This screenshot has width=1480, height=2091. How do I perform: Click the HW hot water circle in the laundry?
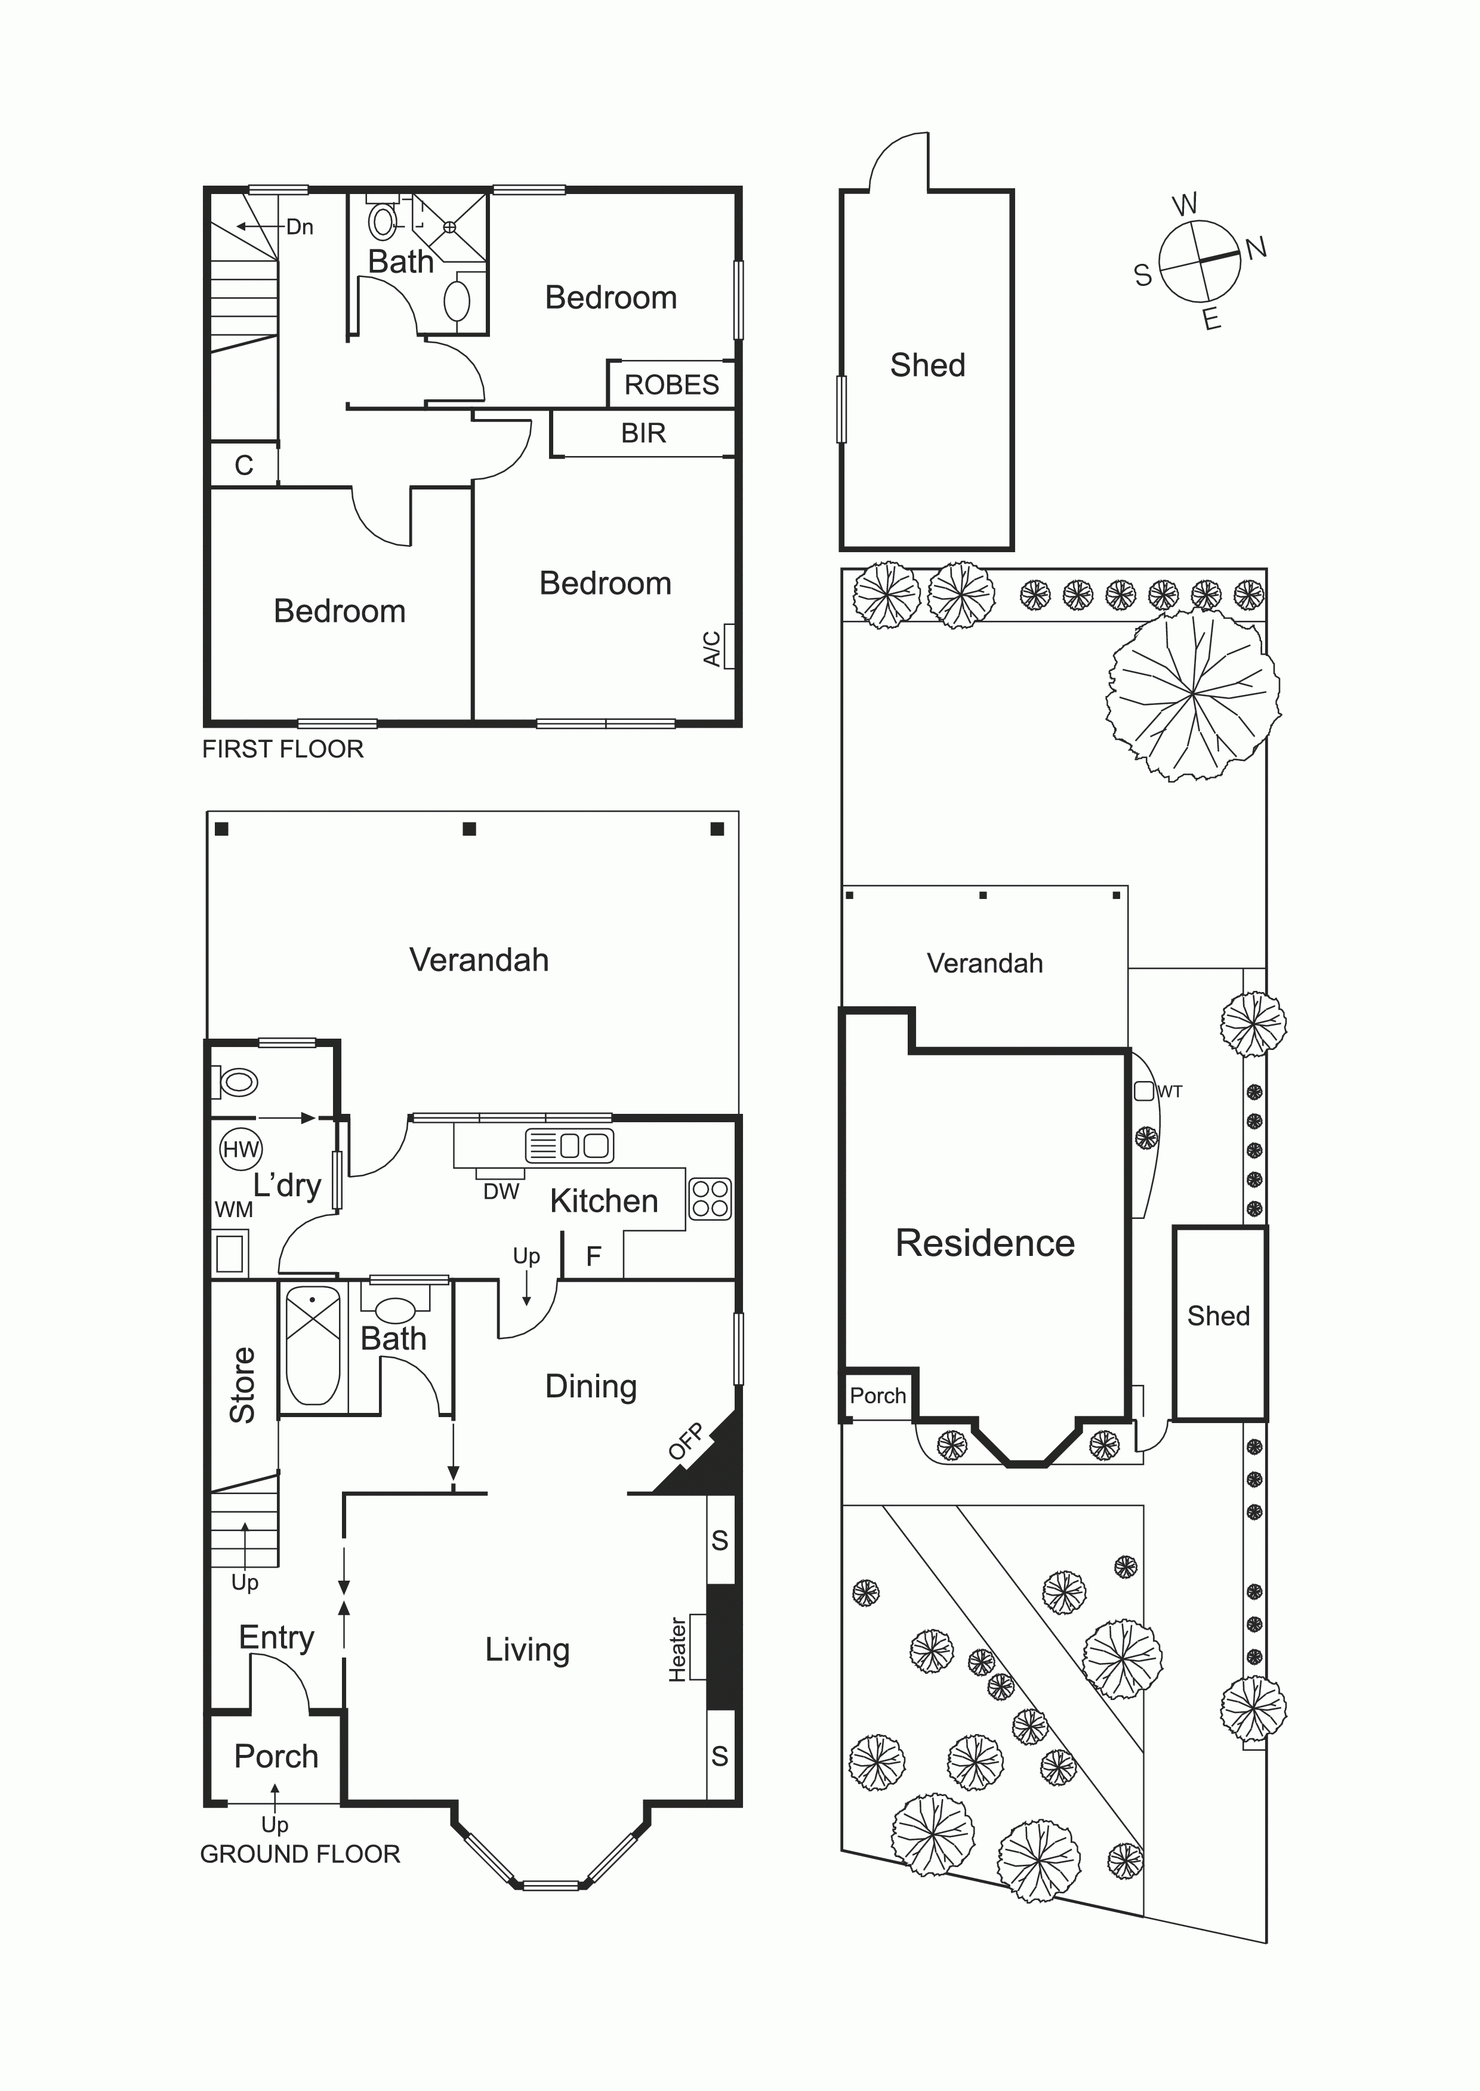point(240,1150)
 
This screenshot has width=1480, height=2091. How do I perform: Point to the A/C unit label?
point(712,648)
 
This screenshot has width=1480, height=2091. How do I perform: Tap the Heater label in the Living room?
point(678,1650)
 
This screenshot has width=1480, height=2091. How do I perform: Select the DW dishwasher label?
point(501,1191)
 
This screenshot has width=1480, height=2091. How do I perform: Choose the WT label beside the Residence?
point(1170,1091)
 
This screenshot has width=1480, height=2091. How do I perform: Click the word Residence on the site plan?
point(985,1243)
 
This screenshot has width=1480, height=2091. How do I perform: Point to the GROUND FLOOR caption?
point(300,1854)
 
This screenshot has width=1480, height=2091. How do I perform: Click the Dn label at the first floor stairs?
point(300,227)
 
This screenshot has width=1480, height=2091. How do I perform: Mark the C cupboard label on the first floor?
point(243,466)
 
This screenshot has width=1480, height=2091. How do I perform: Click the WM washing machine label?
point(234,1209)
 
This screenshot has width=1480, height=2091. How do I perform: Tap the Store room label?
point(242,1385)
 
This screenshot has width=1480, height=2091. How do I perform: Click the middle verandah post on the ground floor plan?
point(469,829)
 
